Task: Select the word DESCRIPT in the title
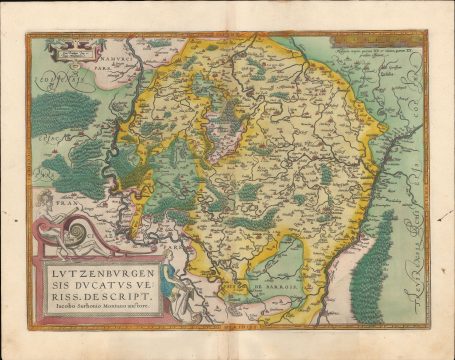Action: click(x=120, y=295)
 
